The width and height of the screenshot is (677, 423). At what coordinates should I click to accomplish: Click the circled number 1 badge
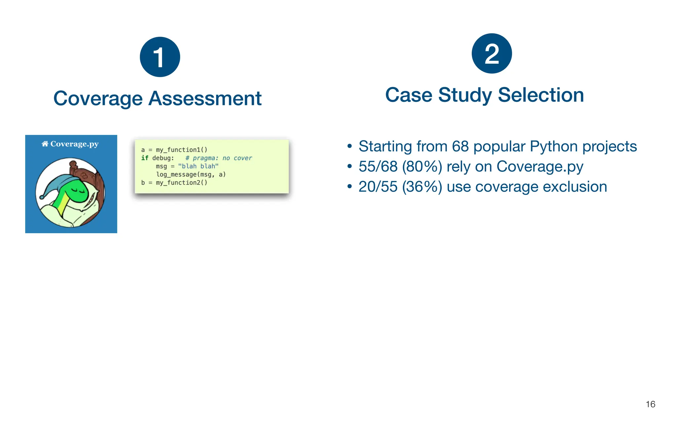160,57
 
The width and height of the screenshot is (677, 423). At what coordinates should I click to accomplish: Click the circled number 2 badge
492,53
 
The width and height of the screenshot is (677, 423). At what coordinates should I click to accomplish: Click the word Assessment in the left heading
205,98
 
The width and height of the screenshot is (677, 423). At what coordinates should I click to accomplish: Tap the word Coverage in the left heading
98,98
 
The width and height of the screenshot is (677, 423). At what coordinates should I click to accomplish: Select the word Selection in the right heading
541,95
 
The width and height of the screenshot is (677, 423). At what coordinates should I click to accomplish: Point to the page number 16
650,404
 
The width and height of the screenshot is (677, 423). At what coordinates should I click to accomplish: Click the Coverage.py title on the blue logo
74,144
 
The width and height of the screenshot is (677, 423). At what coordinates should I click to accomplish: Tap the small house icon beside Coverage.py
45,144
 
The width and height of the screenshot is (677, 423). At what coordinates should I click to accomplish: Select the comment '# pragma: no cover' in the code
219,158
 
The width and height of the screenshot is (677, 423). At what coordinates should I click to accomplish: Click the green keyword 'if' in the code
144,158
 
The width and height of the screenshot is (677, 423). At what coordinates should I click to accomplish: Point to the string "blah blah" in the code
198,166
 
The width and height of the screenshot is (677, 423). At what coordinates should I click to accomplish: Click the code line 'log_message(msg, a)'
191,174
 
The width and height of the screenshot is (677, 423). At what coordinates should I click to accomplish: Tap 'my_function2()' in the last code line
181,183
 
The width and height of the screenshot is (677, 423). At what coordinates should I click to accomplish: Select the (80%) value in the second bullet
422,167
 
